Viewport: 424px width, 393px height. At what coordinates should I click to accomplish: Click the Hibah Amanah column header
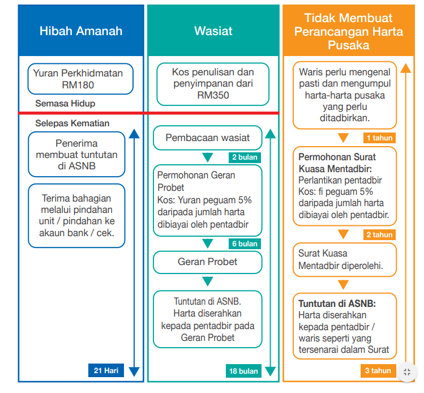pyautogui.click(x=81, y=31)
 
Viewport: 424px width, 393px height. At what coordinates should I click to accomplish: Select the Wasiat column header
pyautogui.click(x=213, y=31)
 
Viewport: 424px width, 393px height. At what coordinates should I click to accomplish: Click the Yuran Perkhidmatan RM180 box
pyautogui.click(x=82, y=79)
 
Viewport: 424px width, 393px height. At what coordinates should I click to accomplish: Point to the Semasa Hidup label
pyautogui.click(x=65, y=104)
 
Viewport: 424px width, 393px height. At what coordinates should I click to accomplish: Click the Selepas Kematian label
pyautogui.click(x=72, y=123)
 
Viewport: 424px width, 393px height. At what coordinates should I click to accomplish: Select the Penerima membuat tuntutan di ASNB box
pyautogui.click(x=76, y=155)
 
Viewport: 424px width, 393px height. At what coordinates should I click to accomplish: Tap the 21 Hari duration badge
pyautogui.click(x=106, y=371)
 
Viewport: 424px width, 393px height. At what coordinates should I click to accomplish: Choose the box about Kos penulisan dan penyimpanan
pyautogui.click(x=213, y=84)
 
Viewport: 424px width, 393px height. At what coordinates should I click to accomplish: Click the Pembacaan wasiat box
pyautogui.click(x=207, y=138)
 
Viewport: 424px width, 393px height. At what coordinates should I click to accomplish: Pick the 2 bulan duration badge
pyautogui.click(x=245, y=157)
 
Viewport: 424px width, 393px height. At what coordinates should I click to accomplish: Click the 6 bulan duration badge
pyautogui.click(x=245, y=244)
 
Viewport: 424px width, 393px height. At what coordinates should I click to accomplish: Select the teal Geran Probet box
pyautogui.click(x=207, y=262)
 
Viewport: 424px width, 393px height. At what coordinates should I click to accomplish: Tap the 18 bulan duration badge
pyautogui.click(x=243, y=371)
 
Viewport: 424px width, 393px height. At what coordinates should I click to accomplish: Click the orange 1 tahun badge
pyautogui.click(x=379, y=138)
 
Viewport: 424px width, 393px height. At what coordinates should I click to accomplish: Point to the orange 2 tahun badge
pyautogui.click(x=379, y=234)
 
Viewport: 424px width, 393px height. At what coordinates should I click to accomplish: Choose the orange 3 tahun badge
pyautogui.click(x=378, y=371)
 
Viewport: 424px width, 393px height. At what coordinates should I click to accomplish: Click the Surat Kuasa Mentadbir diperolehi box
pyautogui.click(x=344, y=259)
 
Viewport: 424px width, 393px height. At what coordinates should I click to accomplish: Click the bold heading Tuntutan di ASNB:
pyautogui.click(x=337, y=304)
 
